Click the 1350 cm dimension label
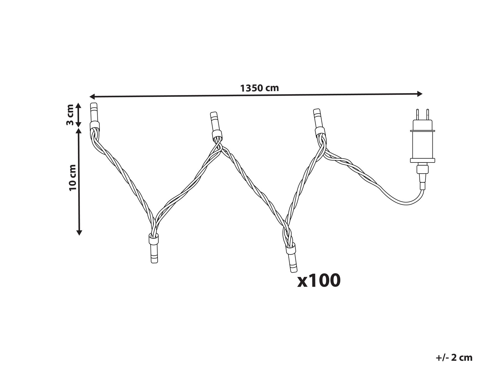pyautogui.click(x=259, y=88)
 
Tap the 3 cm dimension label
pyautogui.click(x=70, y=115)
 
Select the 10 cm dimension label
pyautogui.click(x=73, y=177)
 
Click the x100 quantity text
pyautogui.click(x=319, y=281)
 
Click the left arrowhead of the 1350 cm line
pyautogui.click(x=92, y=96)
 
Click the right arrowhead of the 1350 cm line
pyautogui.click(x=419, y=94)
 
